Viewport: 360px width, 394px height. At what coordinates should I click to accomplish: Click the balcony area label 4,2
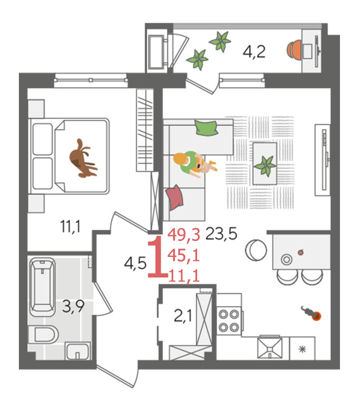(254, 52)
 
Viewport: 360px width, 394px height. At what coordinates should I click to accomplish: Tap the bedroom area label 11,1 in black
(70, 226)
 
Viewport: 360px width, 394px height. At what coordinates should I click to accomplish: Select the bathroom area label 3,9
(73, 306)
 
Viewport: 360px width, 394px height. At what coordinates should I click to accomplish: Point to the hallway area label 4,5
(135, 264)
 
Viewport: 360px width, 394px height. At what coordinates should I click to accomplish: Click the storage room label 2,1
(183, 316)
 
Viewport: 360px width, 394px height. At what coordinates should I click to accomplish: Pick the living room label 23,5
(221, 234)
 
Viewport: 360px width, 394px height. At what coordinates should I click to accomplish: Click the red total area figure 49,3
(184, 235)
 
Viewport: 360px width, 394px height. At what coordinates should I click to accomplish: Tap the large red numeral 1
(158, 256)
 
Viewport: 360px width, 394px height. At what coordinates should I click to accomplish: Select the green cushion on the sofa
(206, 128)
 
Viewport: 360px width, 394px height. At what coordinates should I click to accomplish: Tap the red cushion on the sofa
(174, 197)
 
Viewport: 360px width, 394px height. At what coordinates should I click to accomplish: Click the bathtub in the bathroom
(42, 287)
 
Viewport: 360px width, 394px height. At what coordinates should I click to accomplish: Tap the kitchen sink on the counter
(270, 348)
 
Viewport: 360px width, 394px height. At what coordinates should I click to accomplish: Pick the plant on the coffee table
(265, 165)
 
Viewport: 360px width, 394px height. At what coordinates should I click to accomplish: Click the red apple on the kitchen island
(301, 252)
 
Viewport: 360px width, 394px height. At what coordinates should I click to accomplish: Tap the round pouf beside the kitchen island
(256, 250)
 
